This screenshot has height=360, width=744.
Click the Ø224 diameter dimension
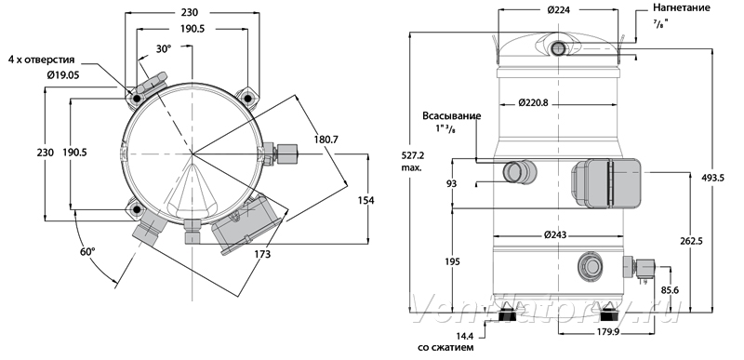558,9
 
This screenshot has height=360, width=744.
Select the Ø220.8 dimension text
533,102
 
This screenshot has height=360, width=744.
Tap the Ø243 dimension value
556,234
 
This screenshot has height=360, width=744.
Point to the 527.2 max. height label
411,161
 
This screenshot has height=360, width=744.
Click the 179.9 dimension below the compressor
606,332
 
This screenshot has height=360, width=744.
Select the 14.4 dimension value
465,337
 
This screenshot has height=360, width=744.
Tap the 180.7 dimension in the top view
325,140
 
